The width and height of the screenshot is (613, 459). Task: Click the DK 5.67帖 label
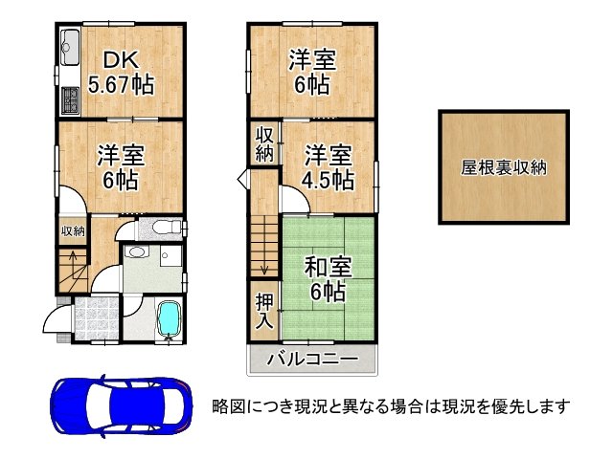point(121,73)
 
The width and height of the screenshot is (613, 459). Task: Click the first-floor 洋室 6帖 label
point(121,166)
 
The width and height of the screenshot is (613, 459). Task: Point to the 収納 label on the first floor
point(73,230)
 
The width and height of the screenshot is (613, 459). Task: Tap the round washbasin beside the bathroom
point(136,253)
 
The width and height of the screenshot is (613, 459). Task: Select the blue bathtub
point(169,320)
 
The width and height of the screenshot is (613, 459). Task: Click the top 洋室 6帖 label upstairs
point(312,73)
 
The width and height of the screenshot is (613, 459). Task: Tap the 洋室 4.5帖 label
point(329,166)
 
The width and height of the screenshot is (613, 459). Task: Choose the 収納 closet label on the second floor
point(264,144)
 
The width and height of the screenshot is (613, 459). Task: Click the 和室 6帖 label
point(325,277)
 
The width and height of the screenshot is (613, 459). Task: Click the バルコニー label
point(312,360)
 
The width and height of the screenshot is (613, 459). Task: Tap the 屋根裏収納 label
point(503,167)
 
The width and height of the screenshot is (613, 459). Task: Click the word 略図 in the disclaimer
point(229,406)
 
